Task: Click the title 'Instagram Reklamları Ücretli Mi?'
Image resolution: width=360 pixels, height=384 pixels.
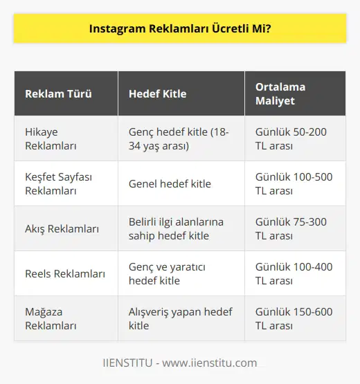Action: coord(179,30)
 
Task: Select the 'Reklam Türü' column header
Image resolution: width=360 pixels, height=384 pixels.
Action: coord(58,93)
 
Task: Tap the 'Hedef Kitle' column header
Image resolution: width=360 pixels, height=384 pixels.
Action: coord(157,93)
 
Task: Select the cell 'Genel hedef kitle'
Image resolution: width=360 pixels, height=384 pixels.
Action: coord(170,183)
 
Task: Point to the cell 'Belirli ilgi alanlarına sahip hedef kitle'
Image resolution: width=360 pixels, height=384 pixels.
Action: coord(177,228)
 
